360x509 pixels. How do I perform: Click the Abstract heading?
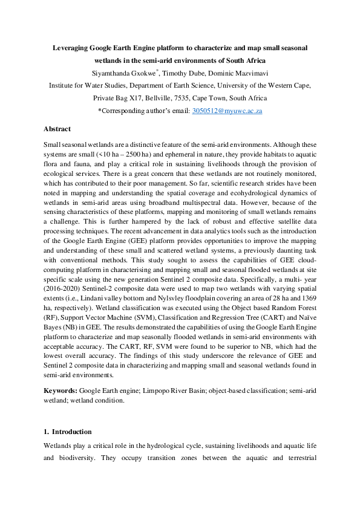pyautogui.click(x=57, y=129)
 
